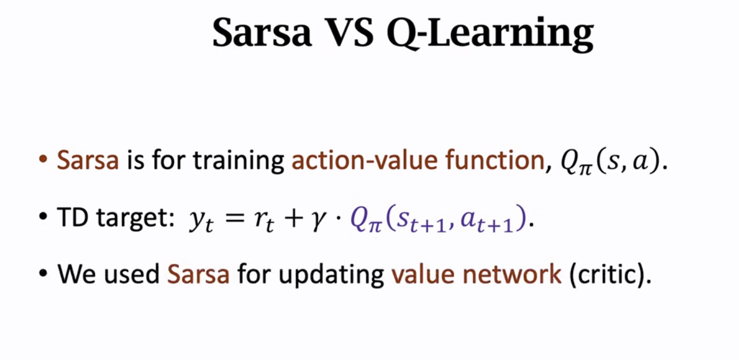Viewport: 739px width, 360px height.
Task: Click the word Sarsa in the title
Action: point(262,32)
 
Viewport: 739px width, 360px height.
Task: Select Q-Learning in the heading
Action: point(490,34)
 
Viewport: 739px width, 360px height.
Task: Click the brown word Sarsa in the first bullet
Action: point(88,160)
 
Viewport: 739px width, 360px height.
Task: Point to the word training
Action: point(239,161)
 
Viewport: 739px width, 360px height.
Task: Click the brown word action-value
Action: point(364,159)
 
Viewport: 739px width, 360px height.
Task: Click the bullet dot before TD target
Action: point(43,217)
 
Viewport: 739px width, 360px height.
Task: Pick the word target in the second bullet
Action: point(135,219)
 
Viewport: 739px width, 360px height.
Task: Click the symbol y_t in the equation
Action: point(201,222)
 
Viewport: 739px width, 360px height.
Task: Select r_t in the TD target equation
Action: point(264,221)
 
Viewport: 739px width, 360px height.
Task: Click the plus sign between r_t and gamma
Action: point(293,218)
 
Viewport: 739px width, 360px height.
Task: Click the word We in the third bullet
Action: point(77,274)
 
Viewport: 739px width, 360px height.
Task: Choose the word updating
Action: point(331,275)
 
